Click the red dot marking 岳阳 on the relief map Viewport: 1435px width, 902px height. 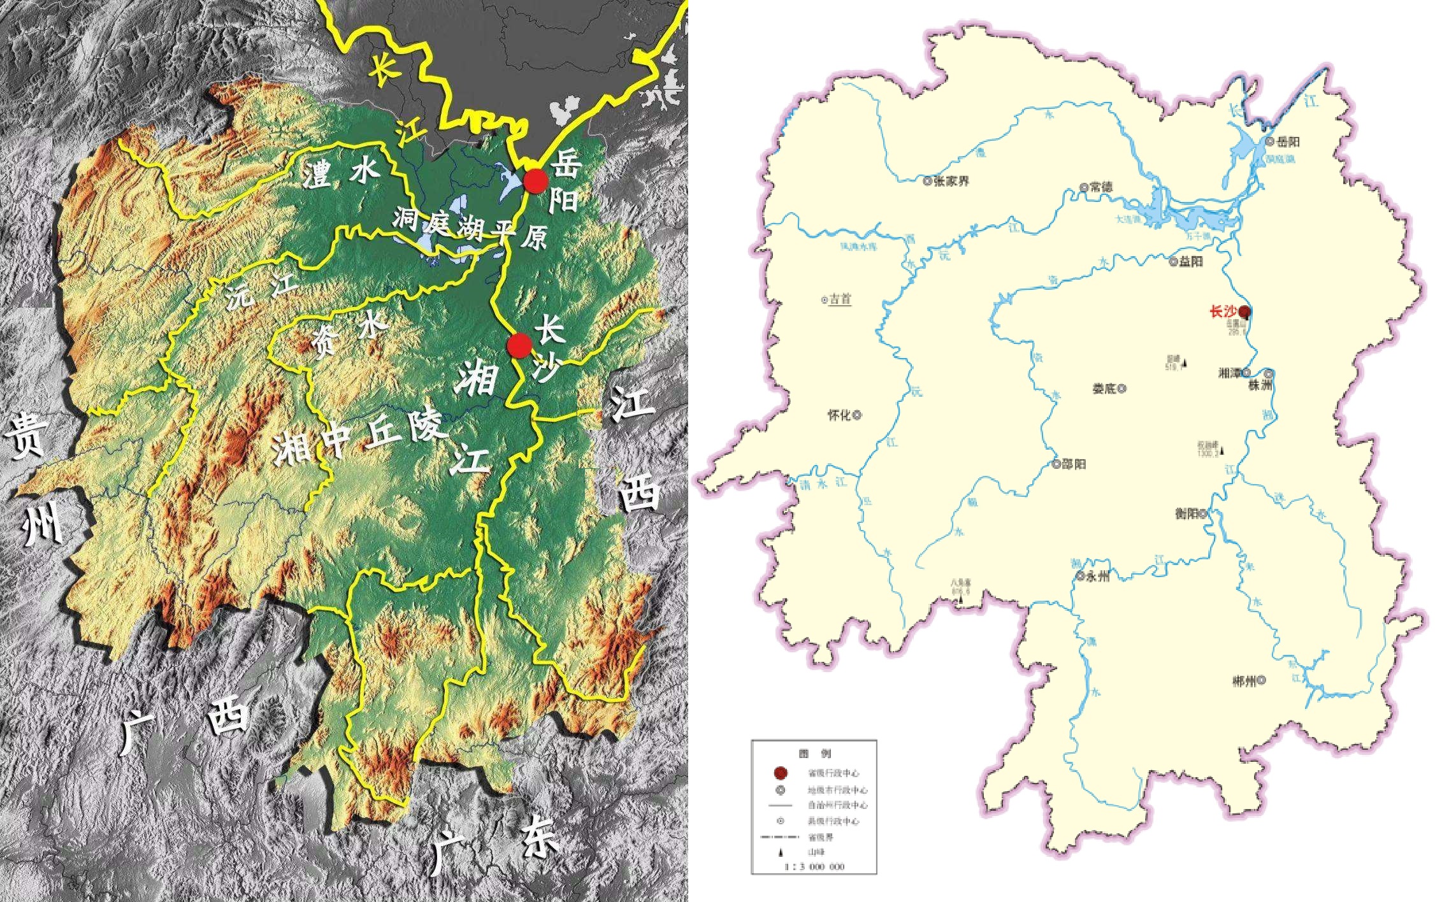click(536, 182)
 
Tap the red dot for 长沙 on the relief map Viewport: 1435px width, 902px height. click(520, 345)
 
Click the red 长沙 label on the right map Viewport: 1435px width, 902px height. click(1222, 312)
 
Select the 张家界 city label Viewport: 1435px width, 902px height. click(951, 181)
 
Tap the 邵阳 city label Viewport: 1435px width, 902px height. click(1074, 464)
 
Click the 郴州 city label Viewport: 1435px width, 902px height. click(1244, 681)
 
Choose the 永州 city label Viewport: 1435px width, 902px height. click(1098, 576)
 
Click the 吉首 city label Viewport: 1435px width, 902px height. click(840, 299)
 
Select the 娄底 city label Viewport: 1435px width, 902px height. click(1104, 389)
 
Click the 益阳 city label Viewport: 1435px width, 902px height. click(1190, 262)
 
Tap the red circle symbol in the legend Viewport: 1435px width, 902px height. click(780, 773)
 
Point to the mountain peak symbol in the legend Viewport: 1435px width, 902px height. click(780, 852)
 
